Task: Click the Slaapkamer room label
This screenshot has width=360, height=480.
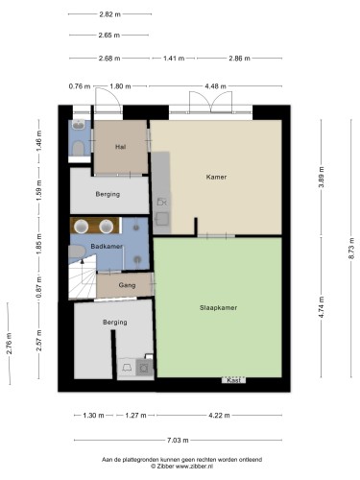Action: [218, 308]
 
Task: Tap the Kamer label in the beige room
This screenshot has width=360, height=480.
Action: [216, 177]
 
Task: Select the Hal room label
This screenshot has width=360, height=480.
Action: [120, 147]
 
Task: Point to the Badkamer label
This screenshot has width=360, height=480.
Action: [107, 247]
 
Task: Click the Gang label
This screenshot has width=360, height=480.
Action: [127, 285]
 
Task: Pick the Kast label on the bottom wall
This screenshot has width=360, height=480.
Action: [233, 380]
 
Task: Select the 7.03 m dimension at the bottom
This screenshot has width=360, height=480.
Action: [178, 441]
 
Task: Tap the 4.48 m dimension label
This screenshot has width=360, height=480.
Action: [215, 86]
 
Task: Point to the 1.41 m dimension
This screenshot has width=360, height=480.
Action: [174, 59]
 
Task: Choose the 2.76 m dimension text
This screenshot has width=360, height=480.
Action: [9, 344]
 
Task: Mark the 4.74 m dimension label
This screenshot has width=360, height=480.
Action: [322, 307]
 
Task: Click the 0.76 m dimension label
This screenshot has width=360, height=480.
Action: [80, 86]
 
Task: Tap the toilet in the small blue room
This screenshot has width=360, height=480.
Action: [79, 148]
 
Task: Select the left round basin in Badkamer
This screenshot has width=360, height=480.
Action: [81, 227]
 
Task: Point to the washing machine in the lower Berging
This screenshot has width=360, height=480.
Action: [144, 368]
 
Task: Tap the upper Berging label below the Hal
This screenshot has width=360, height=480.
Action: [108, 194]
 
